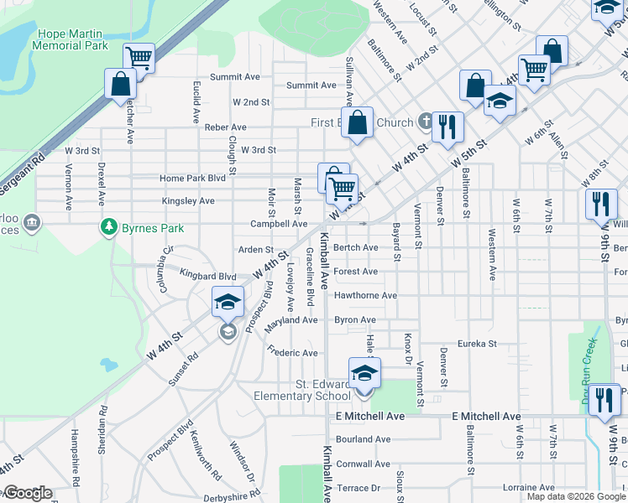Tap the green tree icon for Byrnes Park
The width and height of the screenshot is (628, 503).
pos(108,226)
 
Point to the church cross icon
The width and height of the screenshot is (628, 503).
pos(426,122)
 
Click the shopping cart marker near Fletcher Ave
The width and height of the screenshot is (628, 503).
pos(139,59)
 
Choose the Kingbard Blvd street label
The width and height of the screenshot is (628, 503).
pos(208,276)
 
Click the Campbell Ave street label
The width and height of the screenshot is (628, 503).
pos(279,224)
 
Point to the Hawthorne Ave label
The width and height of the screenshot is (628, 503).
pos(365,296)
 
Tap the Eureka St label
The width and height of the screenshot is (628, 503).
pos(477,344)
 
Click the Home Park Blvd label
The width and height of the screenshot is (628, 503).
pos(192,179)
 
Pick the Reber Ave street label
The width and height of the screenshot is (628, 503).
pos(225,127)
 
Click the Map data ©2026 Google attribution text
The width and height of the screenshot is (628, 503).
pos(576,497)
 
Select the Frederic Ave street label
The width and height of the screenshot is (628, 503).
pos(292,353)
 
